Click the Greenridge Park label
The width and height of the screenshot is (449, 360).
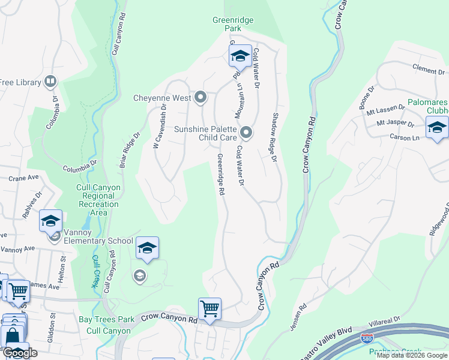pos(233,24)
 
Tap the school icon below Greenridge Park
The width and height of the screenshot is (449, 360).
pos(240,56)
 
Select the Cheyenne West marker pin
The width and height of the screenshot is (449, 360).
pos(200,97)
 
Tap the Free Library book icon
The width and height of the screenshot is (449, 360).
pos(50,82)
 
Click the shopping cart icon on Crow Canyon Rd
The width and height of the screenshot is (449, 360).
pos(209,309)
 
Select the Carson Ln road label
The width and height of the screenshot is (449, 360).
pos(406,137)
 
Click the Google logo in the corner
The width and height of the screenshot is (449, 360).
pos(20,353)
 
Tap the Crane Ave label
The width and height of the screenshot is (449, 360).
pos(24,178)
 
